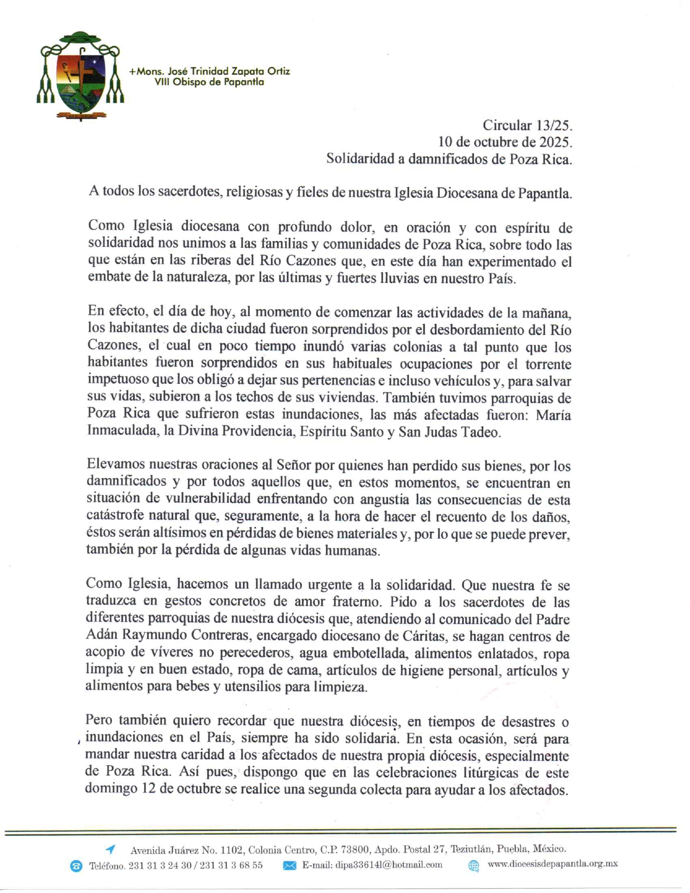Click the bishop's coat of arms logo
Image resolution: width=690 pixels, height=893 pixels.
(x=80, y=76)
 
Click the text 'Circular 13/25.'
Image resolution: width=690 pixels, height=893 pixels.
(x=527, y=126)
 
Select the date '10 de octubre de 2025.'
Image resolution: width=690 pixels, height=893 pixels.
(x=505, y=142)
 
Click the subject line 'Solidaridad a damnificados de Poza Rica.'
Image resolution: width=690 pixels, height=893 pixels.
(x=449, y=159)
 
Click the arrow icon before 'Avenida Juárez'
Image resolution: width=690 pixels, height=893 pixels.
(x=110, y=849)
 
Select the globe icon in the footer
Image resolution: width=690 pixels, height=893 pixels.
(x=474, y=865)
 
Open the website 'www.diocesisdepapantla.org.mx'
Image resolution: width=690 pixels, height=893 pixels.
(x=553, y=864)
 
